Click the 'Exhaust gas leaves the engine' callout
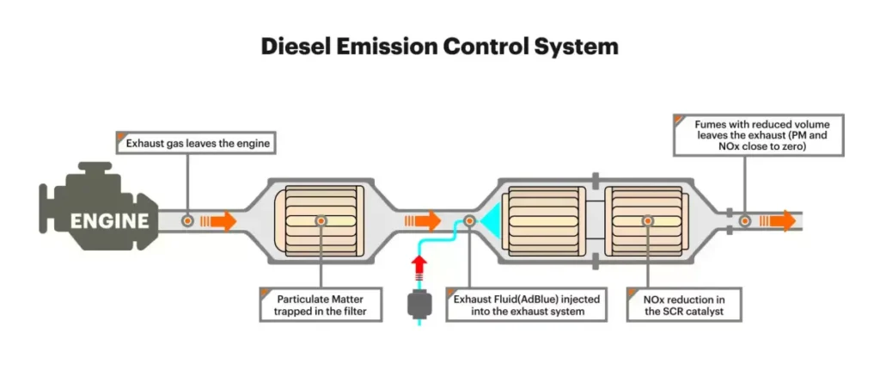pos(195,143)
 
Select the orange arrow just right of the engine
pos(222,221)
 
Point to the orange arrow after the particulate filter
pos(428,221)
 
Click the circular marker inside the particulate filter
pos(321,221)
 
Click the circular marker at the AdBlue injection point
pos(470,221)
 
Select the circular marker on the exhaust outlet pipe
pos(745,221)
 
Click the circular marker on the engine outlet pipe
pos(187,221)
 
